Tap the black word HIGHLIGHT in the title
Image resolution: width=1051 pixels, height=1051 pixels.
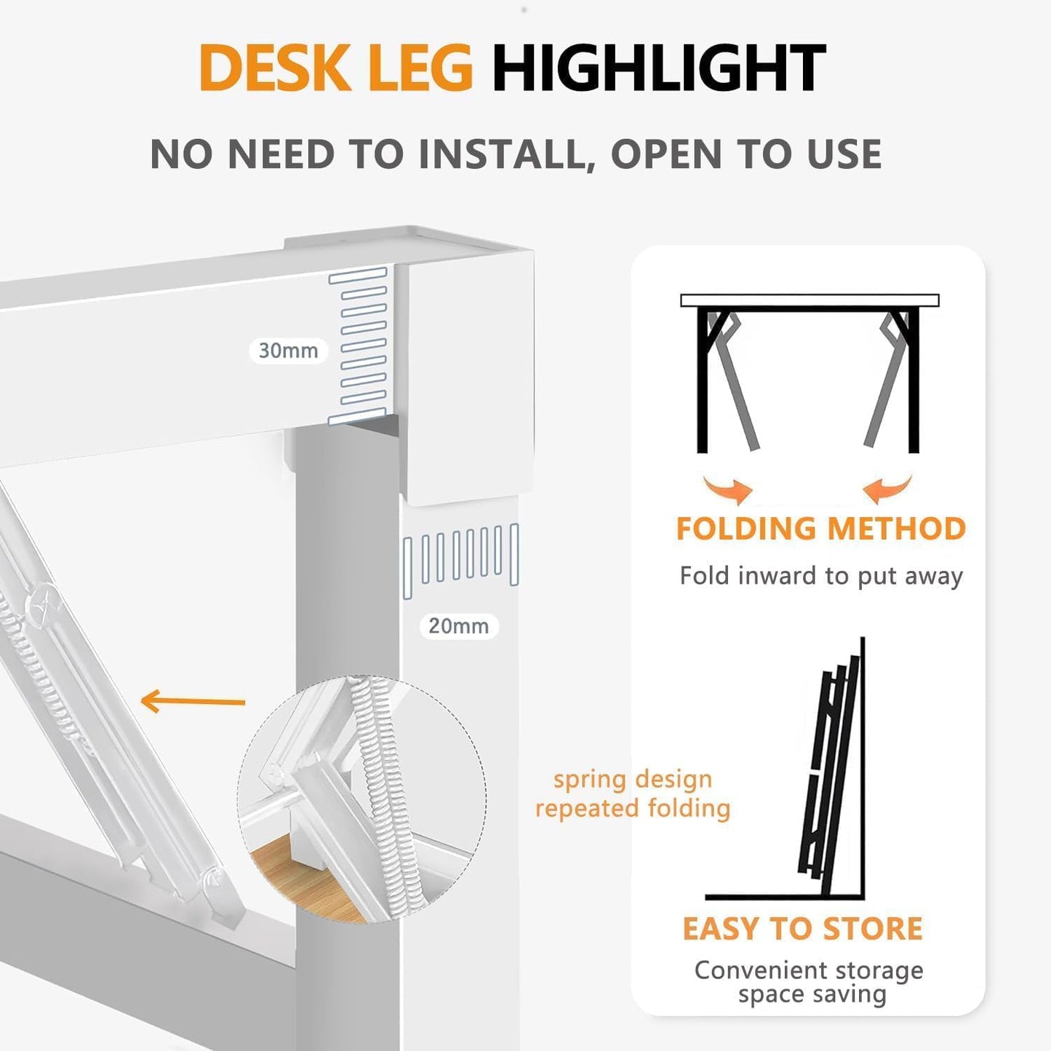tap(658, 68)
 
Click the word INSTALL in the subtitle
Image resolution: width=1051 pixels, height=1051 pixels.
tap(501, 154)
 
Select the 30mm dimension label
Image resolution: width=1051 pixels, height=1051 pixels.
tap(289, 351)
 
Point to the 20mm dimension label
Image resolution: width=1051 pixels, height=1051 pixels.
tap(458, 626)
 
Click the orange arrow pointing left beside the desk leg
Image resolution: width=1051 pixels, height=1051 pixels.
tap(193, 702)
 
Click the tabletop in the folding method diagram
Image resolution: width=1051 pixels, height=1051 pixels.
tap(810, 300)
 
